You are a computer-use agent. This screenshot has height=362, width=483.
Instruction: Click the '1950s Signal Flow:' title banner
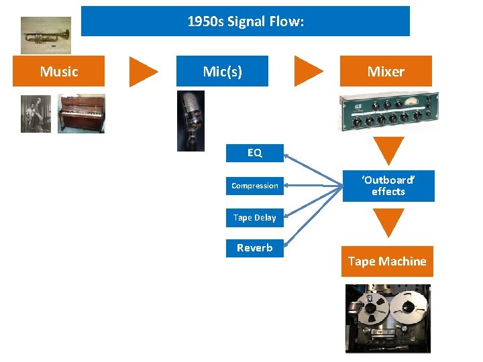click(245, 21)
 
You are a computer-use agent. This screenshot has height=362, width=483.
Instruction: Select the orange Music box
click(59, 71)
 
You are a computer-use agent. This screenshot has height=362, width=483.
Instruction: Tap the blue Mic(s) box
click(222, 71)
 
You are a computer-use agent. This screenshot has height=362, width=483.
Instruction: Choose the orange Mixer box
click(386, 71)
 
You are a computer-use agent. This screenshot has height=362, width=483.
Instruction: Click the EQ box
click(255, 153)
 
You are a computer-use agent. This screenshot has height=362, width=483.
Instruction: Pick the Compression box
click(255, 186)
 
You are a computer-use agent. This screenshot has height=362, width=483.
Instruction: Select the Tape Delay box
click(255, 217)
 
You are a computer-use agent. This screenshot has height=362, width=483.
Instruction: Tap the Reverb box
click(255, 248)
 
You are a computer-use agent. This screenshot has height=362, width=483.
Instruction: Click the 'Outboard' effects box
click(388, 186)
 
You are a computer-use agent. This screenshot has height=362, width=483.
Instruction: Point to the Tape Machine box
click(387, 261)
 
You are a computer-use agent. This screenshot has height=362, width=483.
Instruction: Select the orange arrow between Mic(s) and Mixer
click(308, 71)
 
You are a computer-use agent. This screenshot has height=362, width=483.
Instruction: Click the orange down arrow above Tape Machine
click(388, 222)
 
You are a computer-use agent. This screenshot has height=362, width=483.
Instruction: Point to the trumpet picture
click(46, 35)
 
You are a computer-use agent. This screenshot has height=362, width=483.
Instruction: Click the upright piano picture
click(81, 113)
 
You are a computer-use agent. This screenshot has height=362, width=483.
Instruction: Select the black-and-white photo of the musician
click(36, 113)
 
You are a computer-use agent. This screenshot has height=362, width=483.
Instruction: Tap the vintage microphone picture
click(191, 121)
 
